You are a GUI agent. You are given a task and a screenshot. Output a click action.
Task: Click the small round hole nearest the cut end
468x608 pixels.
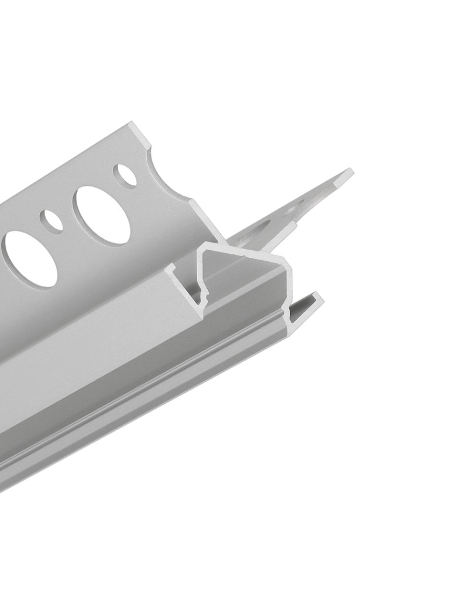pyautogui.click(x=125, y=175)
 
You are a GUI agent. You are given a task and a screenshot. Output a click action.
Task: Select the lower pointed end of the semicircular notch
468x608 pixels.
pyautogui.click(x=193, y=202)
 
